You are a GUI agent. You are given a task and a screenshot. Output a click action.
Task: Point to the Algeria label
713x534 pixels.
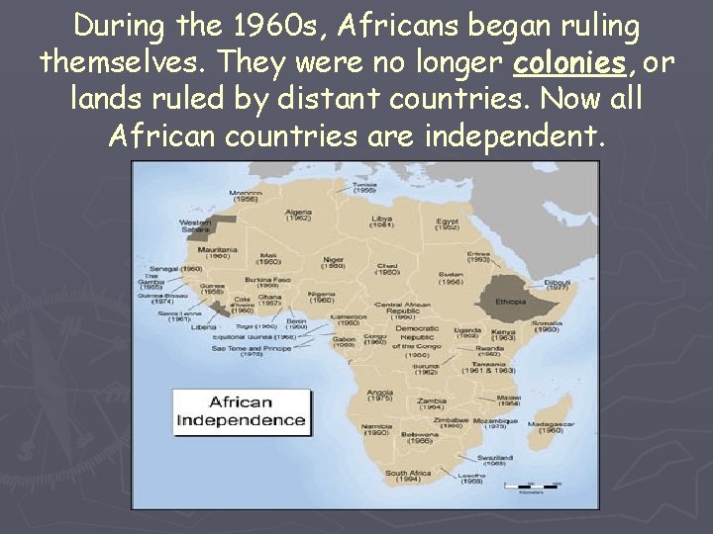click(298, 213)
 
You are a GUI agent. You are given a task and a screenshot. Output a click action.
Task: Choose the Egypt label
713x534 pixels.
click(447, 221)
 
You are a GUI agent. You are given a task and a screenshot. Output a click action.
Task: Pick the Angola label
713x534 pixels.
click(379, 393)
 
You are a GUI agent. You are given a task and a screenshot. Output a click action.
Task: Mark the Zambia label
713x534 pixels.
click(431, 400)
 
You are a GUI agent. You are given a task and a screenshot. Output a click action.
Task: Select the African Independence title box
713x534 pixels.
click(241, 411)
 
